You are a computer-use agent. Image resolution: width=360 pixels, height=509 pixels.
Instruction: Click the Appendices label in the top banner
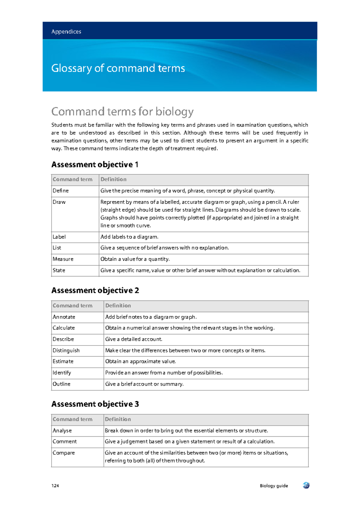[66, 32]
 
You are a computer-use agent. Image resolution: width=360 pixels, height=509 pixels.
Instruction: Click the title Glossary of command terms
[118, 68]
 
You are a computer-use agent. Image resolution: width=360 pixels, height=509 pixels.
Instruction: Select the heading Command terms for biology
[122, 112]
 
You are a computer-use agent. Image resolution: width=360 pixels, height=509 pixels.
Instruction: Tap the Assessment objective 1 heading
[95, 164]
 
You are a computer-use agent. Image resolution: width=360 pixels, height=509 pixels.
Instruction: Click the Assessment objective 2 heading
[95, 290]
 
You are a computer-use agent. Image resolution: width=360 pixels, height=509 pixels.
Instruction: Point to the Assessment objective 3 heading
[95, 404]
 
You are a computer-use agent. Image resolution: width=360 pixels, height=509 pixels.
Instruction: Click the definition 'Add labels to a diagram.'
[129, 237]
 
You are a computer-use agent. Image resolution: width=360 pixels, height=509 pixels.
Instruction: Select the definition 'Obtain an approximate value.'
[140, 361]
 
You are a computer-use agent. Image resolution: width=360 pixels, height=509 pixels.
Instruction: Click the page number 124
[55, 486]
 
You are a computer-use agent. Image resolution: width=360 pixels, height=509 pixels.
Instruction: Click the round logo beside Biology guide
[306, 485]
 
